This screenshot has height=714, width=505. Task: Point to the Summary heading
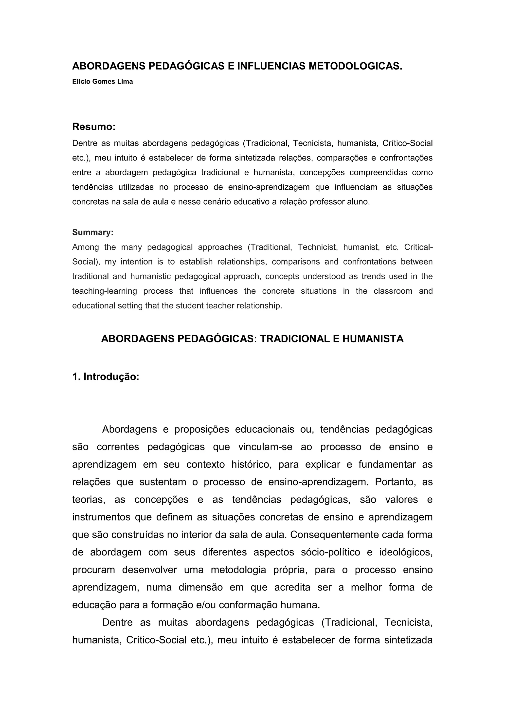point(93,232)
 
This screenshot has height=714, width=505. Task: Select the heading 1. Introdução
point(106,376)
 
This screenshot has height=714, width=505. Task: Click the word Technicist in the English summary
point(317,247)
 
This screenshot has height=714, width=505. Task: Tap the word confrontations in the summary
point(369,262)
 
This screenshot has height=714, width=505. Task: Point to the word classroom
point(393,291)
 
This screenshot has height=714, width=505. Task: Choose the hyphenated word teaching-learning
point(105,291)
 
